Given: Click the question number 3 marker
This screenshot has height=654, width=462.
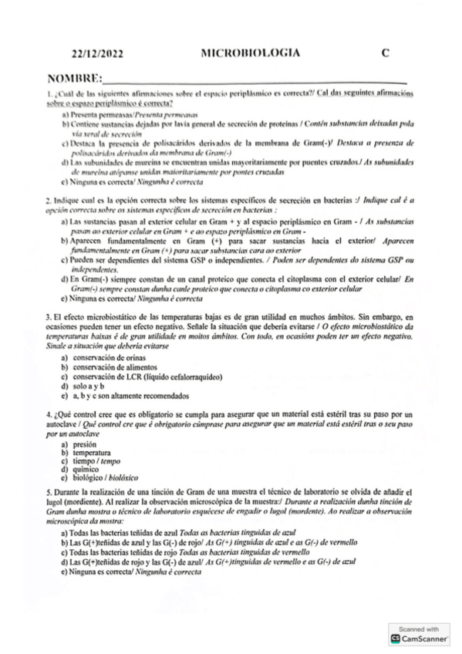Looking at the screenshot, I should (x=48, y=317).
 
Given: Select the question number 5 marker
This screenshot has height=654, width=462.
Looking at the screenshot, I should (x=48, y=491).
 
